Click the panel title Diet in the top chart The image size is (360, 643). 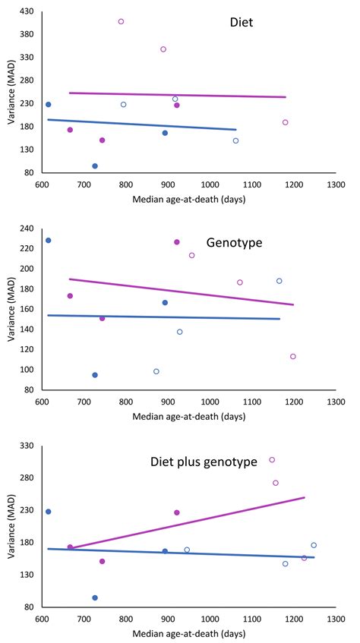[242, 23]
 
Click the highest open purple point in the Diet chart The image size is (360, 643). [121, 21]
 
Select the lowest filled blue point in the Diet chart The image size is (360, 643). [95, 165]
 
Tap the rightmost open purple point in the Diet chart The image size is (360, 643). [286, 122]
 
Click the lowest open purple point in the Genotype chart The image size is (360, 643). [293, 356]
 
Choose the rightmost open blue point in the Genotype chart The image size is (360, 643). [279, 281]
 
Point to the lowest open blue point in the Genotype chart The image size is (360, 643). [156, 371]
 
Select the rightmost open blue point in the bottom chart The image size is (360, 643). [314, 545]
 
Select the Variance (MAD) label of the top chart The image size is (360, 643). [9, 93]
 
